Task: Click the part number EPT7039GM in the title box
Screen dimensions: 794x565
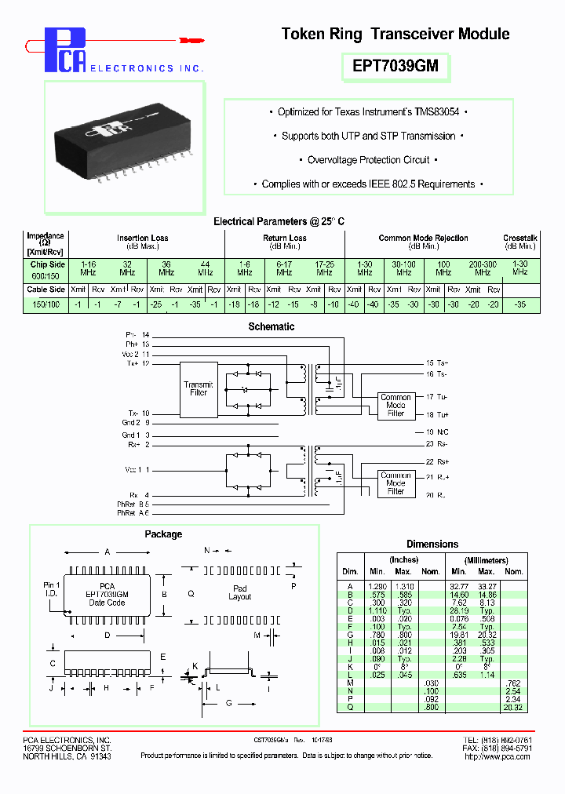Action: point(395,67)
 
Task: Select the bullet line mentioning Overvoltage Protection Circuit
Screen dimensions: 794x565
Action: point(368,160)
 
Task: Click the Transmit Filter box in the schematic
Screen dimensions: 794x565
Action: point(199,388)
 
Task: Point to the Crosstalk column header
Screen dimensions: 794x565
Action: point(519,238)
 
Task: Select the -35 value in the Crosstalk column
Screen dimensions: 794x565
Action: point(519,304)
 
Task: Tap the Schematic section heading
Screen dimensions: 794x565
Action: point(271,326)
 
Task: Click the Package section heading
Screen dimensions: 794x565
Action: point(163,534)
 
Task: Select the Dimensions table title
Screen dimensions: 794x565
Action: point(432,544)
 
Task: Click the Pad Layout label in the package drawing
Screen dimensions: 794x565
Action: point(240,592)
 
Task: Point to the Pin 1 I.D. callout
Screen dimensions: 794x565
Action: point(52,589)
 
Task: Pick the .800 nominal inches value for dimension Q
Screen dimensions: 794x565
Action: point(430,708)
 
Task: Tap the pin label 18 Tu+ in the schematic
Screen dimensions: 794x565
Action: point(438,413)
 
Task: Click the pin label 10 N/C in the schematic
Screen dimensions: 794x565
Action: point(438,432)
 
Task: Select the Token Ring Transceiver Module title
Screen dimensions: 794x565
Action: point(395,34)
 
